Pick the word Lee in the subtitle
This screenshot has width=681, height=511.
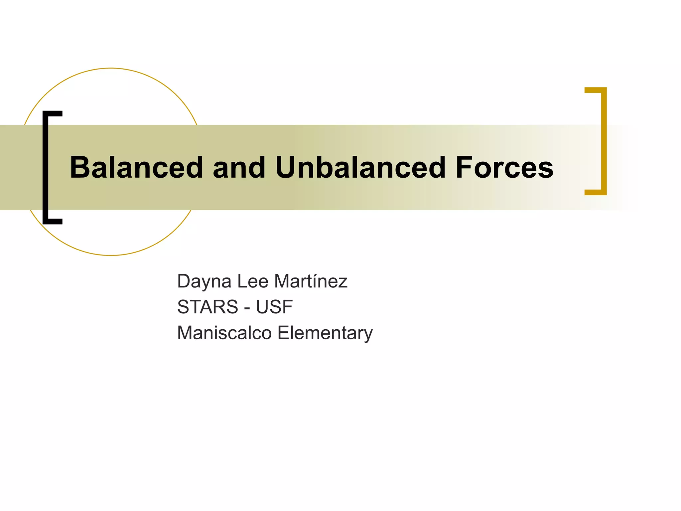[x=252, y=281]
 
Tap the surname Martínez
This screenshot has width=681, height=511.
[x=311, y=281]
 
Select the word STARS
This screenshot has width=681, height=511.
[x=207, y=307]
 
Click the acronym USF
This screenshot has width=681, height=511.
[x=274, y=307]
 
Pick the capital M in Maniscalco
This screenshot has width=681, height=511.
[x=186, y=333]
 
